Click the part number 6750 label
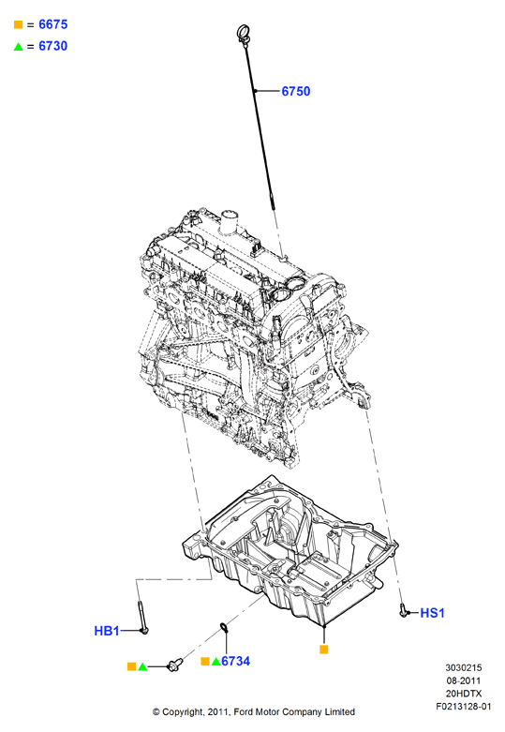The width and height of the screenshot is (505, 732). coord(296,91)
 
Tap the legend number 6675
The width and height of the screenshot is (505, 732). coord(53,24)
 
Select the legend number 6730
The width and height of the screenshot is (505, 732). coord(53,46)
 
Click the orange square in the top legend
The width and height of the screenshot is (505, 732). coord(18,24)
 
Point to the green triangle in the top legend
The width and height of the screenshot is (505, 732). coord(18,46)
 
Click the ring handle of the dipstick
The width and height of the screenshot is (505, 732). coord(245,33)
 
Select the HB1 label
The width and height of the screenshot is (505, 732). coord(107,631)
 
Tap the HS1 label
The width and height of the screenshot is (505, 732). coord(432,613)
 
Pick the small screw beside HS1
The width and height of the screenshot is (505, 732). coord(403,610)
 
